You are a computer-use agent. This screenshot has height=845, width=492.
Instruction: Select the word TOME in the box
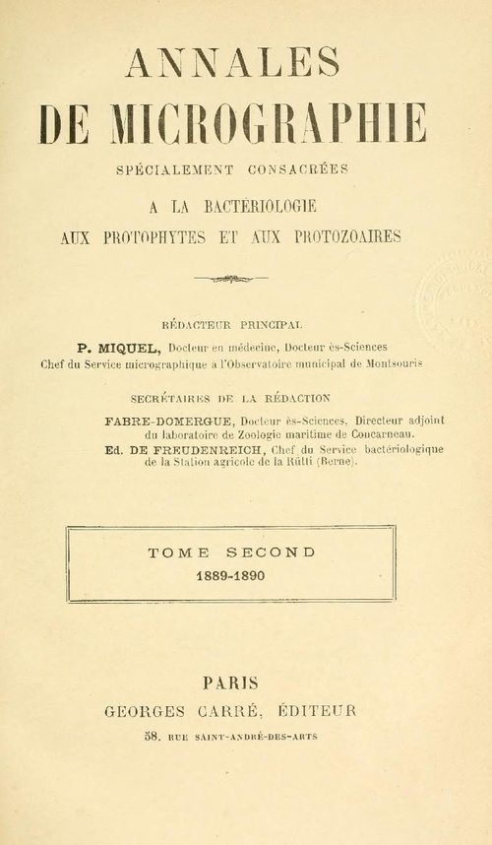(x=173, y=552)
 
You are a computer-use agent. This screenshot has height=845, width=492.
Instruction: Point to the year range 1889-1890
(x=230, y=575)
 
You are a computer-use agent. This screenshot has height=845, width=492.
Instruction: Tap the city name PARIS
(x=230, y=681)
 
